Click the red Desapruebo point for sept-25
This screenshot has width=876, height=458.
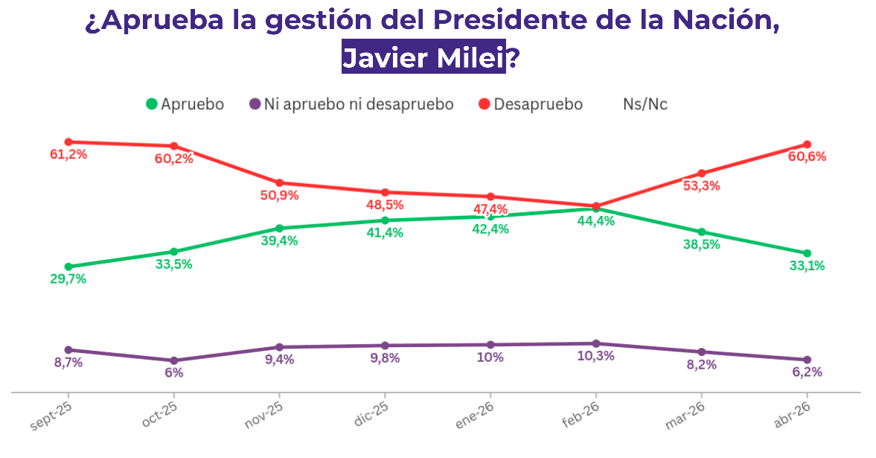(68, 141)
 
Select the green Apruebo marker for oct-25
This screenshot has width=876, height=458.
(173, 252)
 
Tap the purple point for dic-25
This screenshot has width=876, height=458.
(385, 346)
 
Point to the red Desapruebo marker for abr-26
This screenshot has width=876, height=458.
(808, 144)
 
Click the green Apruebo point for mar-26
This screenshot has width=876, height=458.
(702, 232)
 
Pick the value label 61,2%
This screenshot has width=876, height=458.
(68, 155)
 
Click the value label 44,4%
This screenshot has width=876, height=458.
(596, 221)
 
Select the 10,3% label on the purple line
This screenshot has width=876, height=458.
(596, 356)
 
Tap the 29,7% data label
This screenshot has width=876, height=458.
(68, 279)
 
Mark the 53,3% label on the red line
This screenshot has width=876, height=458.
(702, 186)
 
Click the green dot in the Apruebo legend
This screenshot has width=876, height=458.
(152, 104)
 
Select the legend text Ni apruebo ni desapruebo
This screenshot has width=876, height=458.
(359, 104)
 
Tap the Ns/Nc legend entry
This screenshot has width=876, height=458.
(645, 104)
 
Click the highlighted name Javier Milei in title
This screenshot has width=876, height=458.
(423, 57)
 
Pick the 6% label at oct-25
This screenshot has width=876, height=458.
(173, 372)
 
